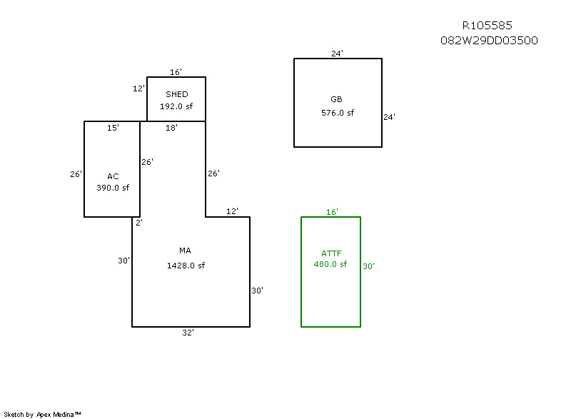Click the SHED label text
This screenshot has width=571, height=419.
(x=177, y=94)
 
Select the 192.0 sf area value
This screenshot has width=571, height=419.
(x=176, y=106)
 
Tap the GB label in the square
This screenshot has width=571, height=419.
(x=337, y=99)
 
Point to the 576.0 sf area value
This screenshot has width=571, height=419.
(x=338, y=113)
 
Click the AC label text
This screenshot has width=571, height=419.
(x=113, y=176)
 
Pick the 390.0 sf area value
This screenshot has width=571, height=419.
(x=113, y=188)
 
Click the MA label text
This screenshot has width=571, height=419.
(x=185, y=251)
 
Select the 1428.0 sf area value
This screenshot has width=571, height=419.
(x=186, y=266)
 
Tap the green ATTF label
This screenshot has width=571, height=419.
(x=332, y=253)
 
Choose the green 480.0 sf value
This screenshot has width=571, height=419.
(x=330, y=264)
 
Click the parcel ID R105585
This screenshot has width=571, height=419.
(x=487, y=26)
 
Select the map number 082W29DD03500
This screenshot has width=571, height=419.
(x=489, y=41)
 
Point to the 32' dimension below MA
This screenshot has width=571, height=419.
(x=188, y=333)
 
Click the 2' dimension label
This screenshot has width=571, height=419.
(x=139, y=223)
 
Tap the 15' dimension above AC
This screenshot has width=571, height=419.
(x=113, y=128)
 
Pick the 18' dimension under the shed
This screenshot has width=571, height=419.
(x=171, y=128)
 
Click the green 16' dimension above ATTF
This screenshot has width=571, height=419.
(x=332, y=212)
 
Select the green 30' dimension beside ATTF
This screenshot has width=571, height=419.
(x=369, y=266)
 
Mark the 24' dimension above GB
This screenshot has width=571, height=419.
(x=338, y=54)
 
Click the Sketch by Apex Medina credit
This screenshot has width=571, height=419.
(x=42, y=414)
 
